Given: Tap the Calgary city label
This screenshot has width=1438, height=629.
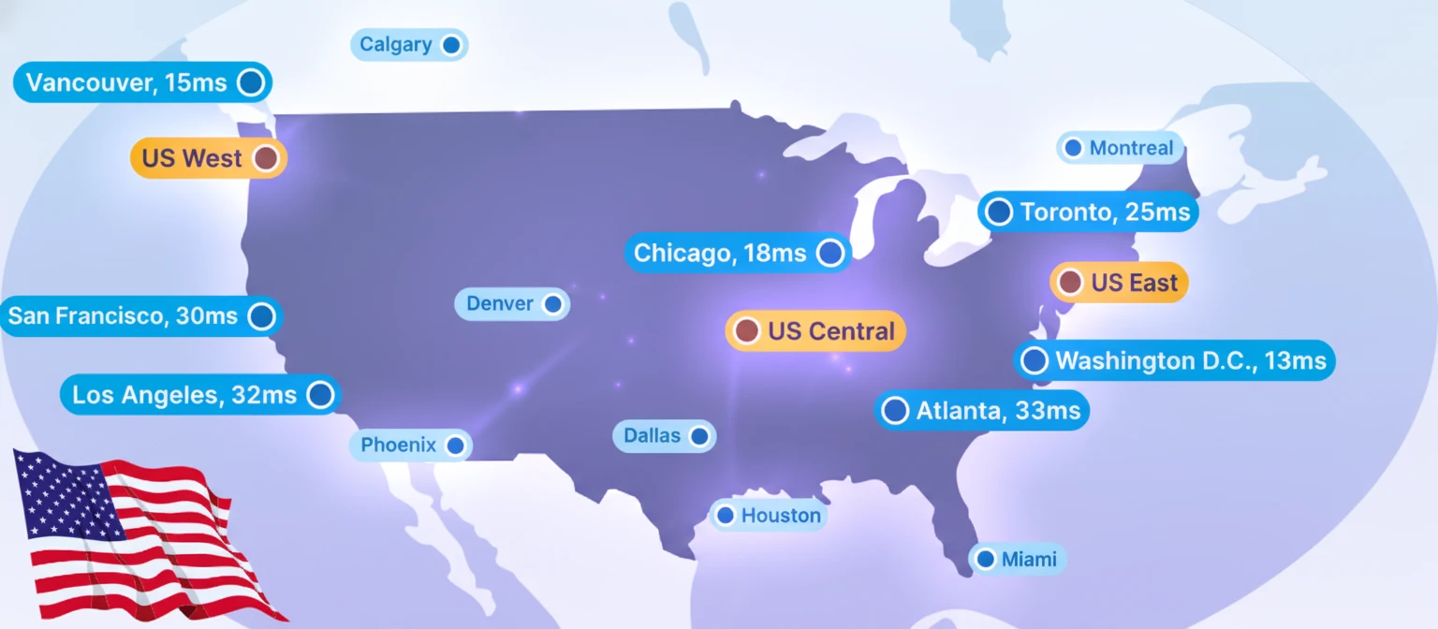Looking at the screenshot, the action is pos(408,45).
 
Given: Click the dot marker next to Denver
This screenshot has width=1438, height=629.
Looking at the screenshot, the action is pos(552,304).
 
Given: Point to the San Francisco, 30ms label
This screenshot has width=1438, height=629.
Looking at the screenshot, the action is pos(140,316).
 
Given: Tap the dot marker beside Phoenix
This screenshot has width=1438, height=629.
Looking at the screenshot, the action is pos(455,446).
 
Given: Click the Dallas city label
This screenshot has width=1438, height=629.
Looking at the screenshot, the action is pos(664,436).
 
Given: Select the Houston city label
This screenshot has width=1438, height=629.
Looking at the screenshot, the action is pos(769,515).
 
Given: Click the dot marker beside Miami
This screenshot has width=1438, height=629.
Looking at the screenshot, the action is pos(985,560).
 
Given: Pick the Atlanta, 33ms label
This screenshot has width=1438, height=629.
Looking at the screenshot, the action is pos(982,411).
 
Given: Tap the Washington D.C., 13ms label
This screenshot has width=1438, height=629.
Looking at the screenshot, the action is pos(1175,360).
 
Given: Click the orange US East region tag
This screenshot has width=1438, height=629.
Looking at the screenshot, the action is pos(1119,283).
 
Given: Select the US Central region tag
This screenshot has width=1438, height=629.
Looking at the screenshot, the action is pos(815,331).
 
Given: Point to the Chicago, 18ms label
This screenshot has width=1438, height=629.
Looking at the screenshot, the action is pos(737,253).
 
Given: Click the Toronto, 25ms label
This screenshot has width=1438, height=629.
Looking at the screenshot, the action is pos(1088,212).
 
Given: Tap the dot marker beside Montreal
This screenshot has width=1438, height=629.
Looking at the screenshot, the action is pos(1073,148).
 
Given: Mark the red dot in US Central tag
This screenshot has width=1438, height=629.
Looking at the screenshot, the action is pos(746,331).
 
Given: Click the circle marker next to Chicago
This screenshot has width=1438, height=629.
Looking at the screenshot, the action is pos(829,253).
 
